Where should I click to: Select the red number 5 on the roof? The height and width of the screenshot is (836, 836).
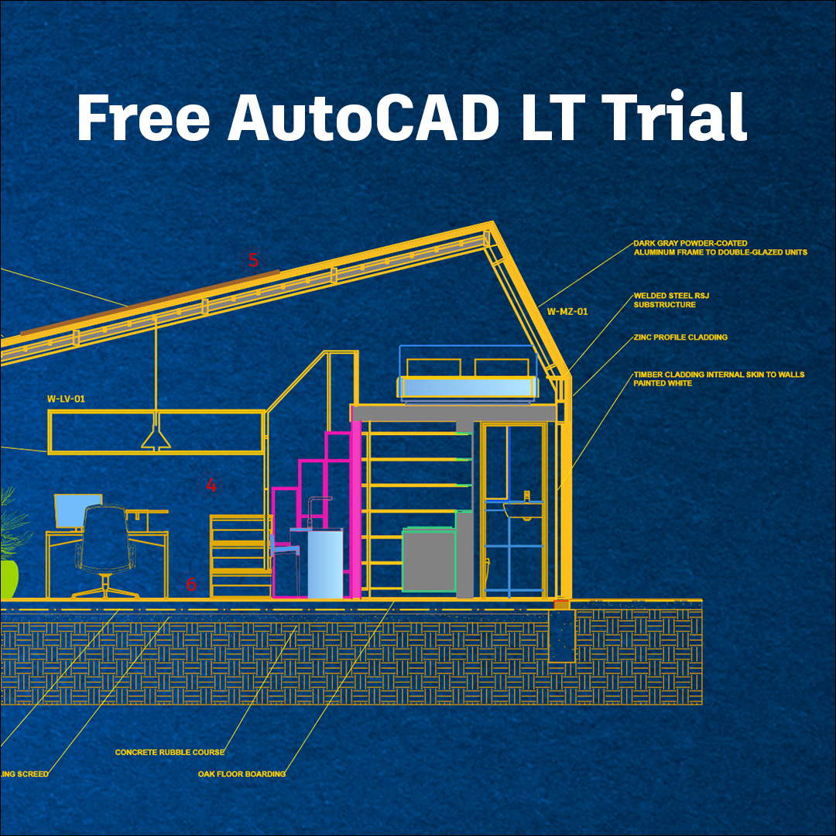pos(253,260)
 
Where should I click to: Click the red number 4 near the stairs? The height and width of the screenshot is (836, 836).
pos(211,486)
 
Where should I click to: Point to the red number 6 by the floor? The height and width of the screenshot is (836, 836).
pos(191,585)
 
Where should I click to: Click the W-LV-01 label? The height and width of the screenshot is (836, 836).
pos(66,399)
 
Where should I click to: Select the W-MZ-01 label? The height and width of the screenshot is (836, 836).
pos(567,312)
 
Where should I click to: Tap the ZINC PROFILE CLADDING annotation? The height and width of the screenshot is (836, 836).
pos(680,337)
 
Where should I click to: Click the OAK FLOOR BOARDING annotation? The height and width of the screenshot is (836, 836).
pos(242,774)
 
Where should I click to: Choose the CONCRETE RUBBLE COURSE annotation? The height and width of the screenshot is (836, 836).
pos(170,752)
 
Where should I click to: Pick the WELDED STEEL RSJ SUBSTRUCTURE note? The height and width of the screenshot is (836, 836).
pos(664,300)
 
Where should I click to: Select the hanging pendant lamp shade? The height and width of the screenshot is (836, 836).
pos(156,440)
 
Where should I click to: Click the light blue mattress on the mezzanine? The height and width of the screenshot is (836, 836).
pos(467,388)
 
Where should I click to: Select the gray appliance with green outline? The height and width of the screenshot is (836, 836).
pos(428,560)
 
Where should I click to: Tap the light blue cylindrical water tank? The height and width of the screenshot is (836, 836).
pos(325,564)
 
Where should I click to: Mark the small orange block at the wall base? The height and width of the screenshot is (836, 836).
pos(561,602)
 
